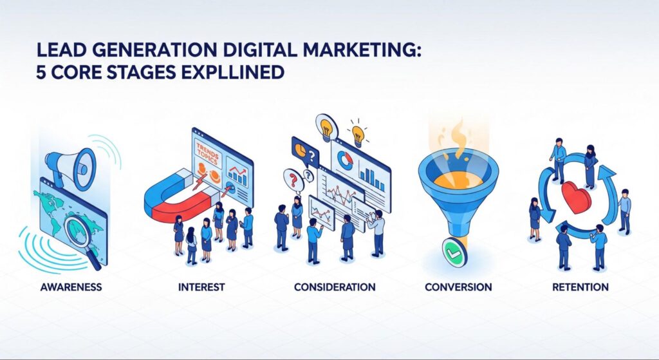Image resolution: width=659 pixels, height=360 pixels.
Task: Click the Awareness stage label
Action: pyautogui.click(x=71, y=287)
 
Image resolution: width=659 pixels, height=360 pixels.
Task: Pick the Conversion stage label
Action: pyautogui.click(x=458, y=287)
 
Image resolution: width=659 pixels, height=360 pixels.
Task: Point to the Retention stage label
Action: pyautogui.click(x=580, y=287)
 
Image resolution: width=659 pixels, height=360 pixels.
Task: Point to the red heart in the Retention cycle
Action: pyautogui.click(x=576, y=196)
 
